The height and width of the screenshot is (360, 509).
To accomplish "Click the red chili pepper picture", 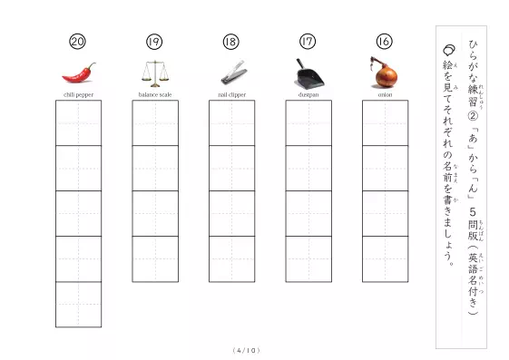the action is pos(79,73).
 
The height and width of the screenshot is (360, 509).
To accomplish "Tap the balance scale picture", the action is pos(155,74).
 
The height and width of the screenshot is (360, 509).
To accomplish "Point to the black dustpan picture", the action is pos(309,73).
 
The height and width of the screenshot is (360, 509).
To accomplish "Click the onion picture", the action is pos(385,73).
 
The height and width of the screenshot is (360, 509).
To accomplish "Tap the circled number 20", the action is pos(77,42).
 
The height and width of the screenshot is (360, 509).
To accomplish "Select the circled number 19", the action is pos(154,42).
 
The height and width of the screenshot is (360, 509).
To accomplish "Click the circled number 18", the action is pos(230,42).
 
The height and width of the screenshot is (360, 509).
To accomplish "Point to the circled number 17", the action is pos(308,42).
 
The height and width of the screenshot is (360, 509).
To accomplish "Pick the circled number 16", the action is pos(384,41).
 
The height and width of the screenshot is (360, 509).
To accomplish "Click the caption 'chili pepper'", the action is pos(78,94).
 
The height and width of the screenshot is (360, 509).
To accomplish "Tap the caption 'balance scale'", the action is pos(155,94).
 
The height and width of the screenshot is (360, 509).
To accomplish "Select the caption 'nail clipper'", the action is pos(231,94).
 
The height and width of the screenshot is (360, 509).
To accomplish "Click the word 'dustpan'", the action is pos(308,94).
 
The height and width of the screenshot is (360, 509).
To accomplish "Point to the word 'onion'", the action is pos(385,94).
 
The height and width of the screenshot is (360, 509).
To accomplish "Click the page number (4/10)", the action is pos(247,350).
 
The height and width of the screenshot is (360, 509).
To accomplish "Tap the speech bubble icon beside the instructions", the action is pos(449,50).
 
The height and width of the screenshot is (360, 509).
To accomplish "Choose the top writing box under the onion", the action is pos(386,123).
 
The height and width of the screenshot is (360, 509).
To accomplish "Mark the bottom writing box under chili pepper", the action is pos(79,304).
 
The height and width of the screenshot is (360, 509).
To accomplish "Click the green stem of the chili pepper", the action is pos(93,66).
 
